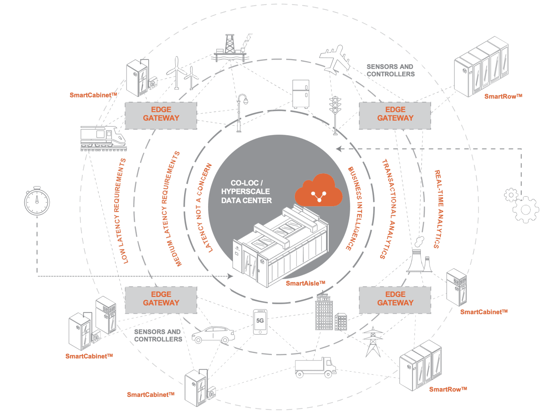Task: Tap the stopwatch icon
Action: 37,201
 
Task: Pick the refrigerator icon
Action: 301,94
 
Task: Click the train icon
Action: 103,138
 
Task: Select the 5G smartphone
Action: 260,322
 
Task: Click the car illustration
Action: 213,335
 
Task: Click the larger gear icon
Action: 526,210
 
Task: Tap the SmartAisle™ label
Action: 305,283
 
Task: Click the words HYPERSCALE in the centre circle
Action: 245,191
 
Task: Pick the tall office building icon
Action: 324,312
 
